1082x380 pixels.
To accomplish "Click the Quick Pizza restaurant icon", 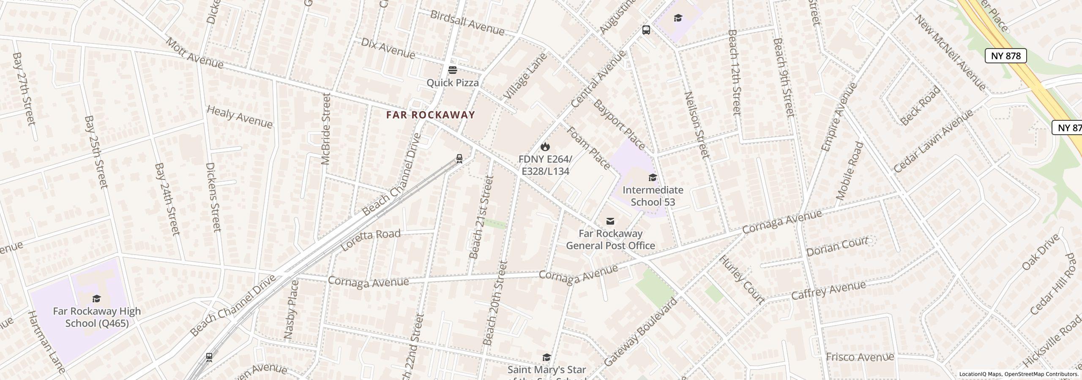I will (x=453, y=70).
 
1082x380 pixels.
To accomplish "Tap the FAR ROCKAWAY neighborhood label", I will (x=431, y=115).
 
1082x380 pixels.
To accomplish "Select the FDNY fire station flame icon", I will (x=545, y=147).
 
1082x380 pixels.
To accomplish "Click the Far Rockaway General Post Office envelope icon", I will (x=610, y=221).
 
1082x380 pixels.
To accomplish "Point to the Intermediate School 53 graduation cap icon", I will (x=653, y=177).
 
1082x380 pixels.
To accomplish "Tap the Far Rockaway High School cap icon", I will (x=97, y=299).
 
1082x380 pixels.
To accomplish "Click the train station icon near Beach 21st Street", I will (x=459, y=159).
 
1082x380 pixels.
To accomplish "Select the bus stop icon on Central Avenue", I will (x=646, y=30).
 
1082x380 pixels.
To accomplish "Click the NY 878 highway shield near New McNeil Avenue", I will (x=1005, y=56).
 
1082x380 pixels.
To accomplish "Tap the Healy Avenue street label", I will (x=239, y=117).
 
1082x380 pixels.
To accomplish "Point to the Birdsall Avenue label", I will (x=467, y=23).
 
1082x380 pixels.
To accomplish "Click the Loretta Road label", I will (x=370, y=240).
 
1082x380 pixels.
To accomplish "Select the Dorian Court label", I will (x=837, y=247).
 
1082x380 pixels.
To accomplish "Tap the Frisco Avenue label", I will (x=860, y=357).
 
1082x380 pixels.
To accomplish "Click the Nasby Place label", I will (x=292, y=309).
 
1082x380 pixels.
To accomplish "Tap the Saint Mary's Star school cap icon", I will (x=546, y=358).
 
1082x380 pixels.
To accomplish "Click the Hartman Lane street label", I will (x=46, y=342).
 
